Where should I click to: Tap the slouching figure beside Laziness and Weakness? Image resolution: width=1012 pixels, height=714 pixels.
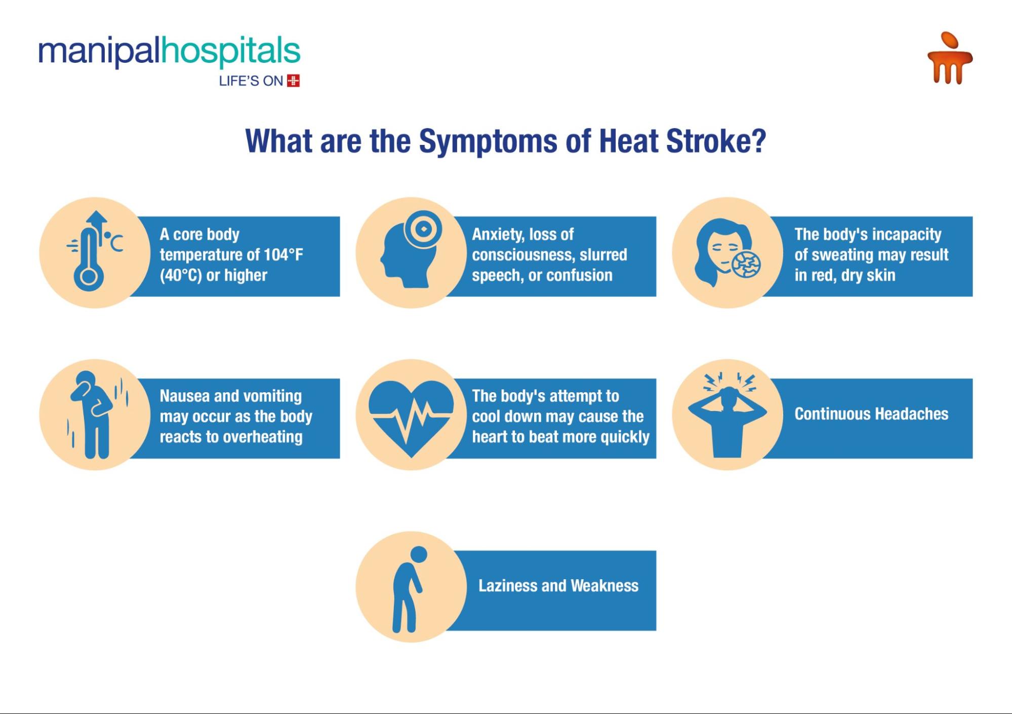point(409,589)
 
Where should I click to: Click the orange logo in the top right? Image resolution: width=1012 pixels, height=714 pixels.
point(950,58)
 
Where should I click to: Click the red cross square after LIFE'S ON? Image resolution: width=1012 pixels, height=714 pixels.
point(293,81)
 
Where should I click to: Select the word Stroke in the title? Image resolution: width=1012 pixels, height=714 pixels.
point(716,141)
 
